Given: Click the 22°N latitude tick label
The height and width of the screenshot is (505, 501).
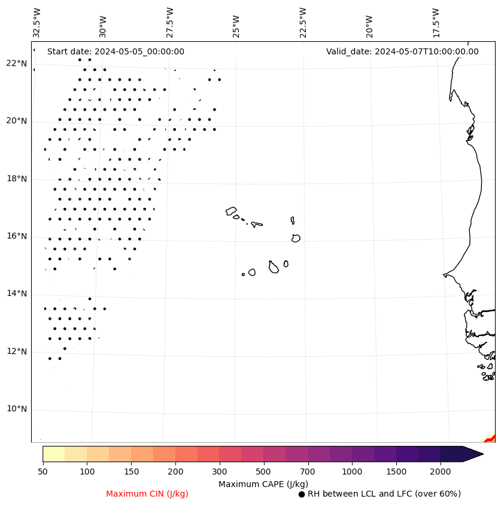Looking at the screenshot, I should point(16,63).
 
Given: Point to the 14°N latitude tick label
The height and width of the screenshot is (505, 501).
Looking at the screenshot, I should point(16,293).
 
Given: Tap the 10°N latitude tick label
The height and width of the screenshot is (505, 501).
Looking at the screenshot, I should point(16,409).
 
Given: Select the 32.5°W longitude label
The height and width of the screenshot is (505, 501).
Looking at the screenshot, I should point(37,22).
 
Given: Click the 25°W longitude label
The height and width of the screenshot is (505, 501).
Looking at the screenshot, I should point(236,25).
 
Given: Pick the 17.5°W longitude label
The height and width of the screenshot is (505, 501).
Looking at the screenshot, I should point(436,22).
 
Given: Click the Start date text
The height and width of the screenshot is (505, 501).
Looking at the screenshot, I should point(116,51).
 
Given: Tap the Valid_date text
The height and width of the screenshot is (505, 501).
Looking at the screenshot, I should point(402,51).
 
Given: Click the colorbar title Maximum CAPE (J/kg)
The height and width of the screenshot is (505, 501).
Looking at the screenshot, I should point(263,484).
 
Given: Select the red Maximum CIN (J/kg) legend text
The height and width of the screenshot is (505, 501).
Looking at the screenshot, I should point(147,494).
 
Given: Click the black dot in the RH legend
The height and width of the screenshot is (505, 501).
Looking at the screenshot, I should point(302,494).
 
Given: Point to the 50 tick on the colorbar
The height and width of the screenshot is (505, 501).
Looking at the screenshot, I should point(42,472).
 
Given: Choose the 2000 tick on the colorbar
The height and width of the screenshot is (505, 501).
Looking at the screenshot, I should point(441,472).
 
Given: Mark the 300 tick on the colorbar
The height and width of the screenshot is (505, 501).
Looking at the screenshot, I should point(220,472).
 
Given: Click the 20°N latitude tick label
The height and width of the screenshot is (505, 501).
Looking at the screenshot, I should point(16,121).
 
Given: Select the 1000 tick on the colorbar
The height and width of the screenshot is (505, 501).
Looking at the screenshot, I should point(352,472).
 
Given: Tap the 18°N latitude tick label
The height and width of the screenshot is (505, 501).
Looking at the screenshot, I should point(16,179).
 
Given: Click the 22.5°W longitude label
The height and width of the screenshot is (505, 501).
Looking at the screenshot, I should point(303,22).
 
